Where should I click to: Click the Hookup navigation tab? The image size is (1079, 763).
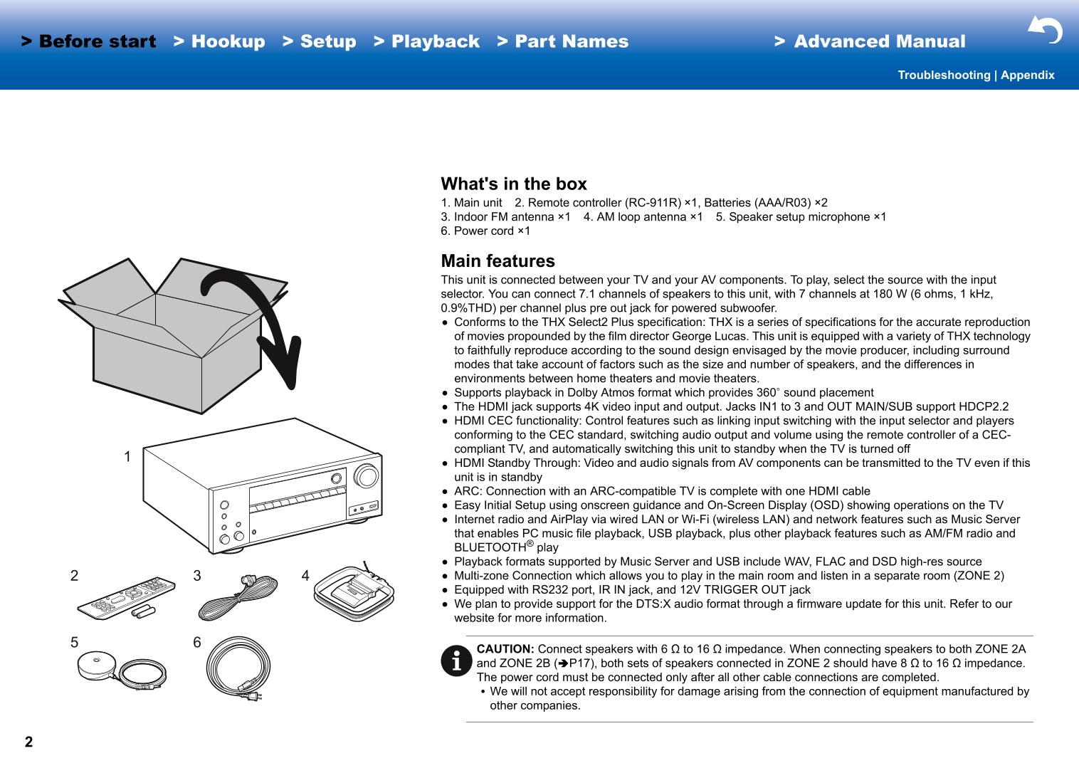pos(219,41)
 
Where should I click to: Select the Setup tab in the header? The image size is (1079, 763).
pos(320,41)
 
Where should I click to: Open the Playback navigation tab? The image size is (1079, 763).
pos(427,41)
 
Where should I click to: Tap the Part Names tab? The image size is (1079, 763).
pos(562,41)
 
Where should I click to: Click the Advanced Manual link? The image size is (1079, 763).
pos(870,41)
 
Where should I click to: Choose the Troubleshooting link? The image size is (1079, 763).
pos(944,75)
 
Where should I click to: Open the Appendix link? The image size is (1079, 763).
pos(1028,75)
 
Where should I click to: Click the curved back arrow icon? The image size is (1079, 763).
pos(1046,30)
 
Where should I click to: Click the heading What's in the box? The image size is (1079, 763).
pos(513,184)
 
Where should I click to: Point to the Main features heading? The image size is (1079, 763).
pos(498,261)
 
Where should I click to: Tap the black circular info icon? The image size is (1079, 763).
pos(456,661)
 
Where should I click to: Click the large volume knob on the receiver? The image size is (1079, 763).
pos(366,476)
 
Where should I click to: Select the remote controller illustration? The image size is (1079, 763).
pos(126,598)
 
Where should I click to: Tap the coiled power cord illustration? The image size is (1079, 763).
pos(238,668)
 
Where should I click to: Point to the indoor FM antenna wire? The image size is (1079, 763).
pos(238,597)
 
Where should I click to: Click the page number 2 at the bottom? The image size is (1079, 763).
pos(29,742)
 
